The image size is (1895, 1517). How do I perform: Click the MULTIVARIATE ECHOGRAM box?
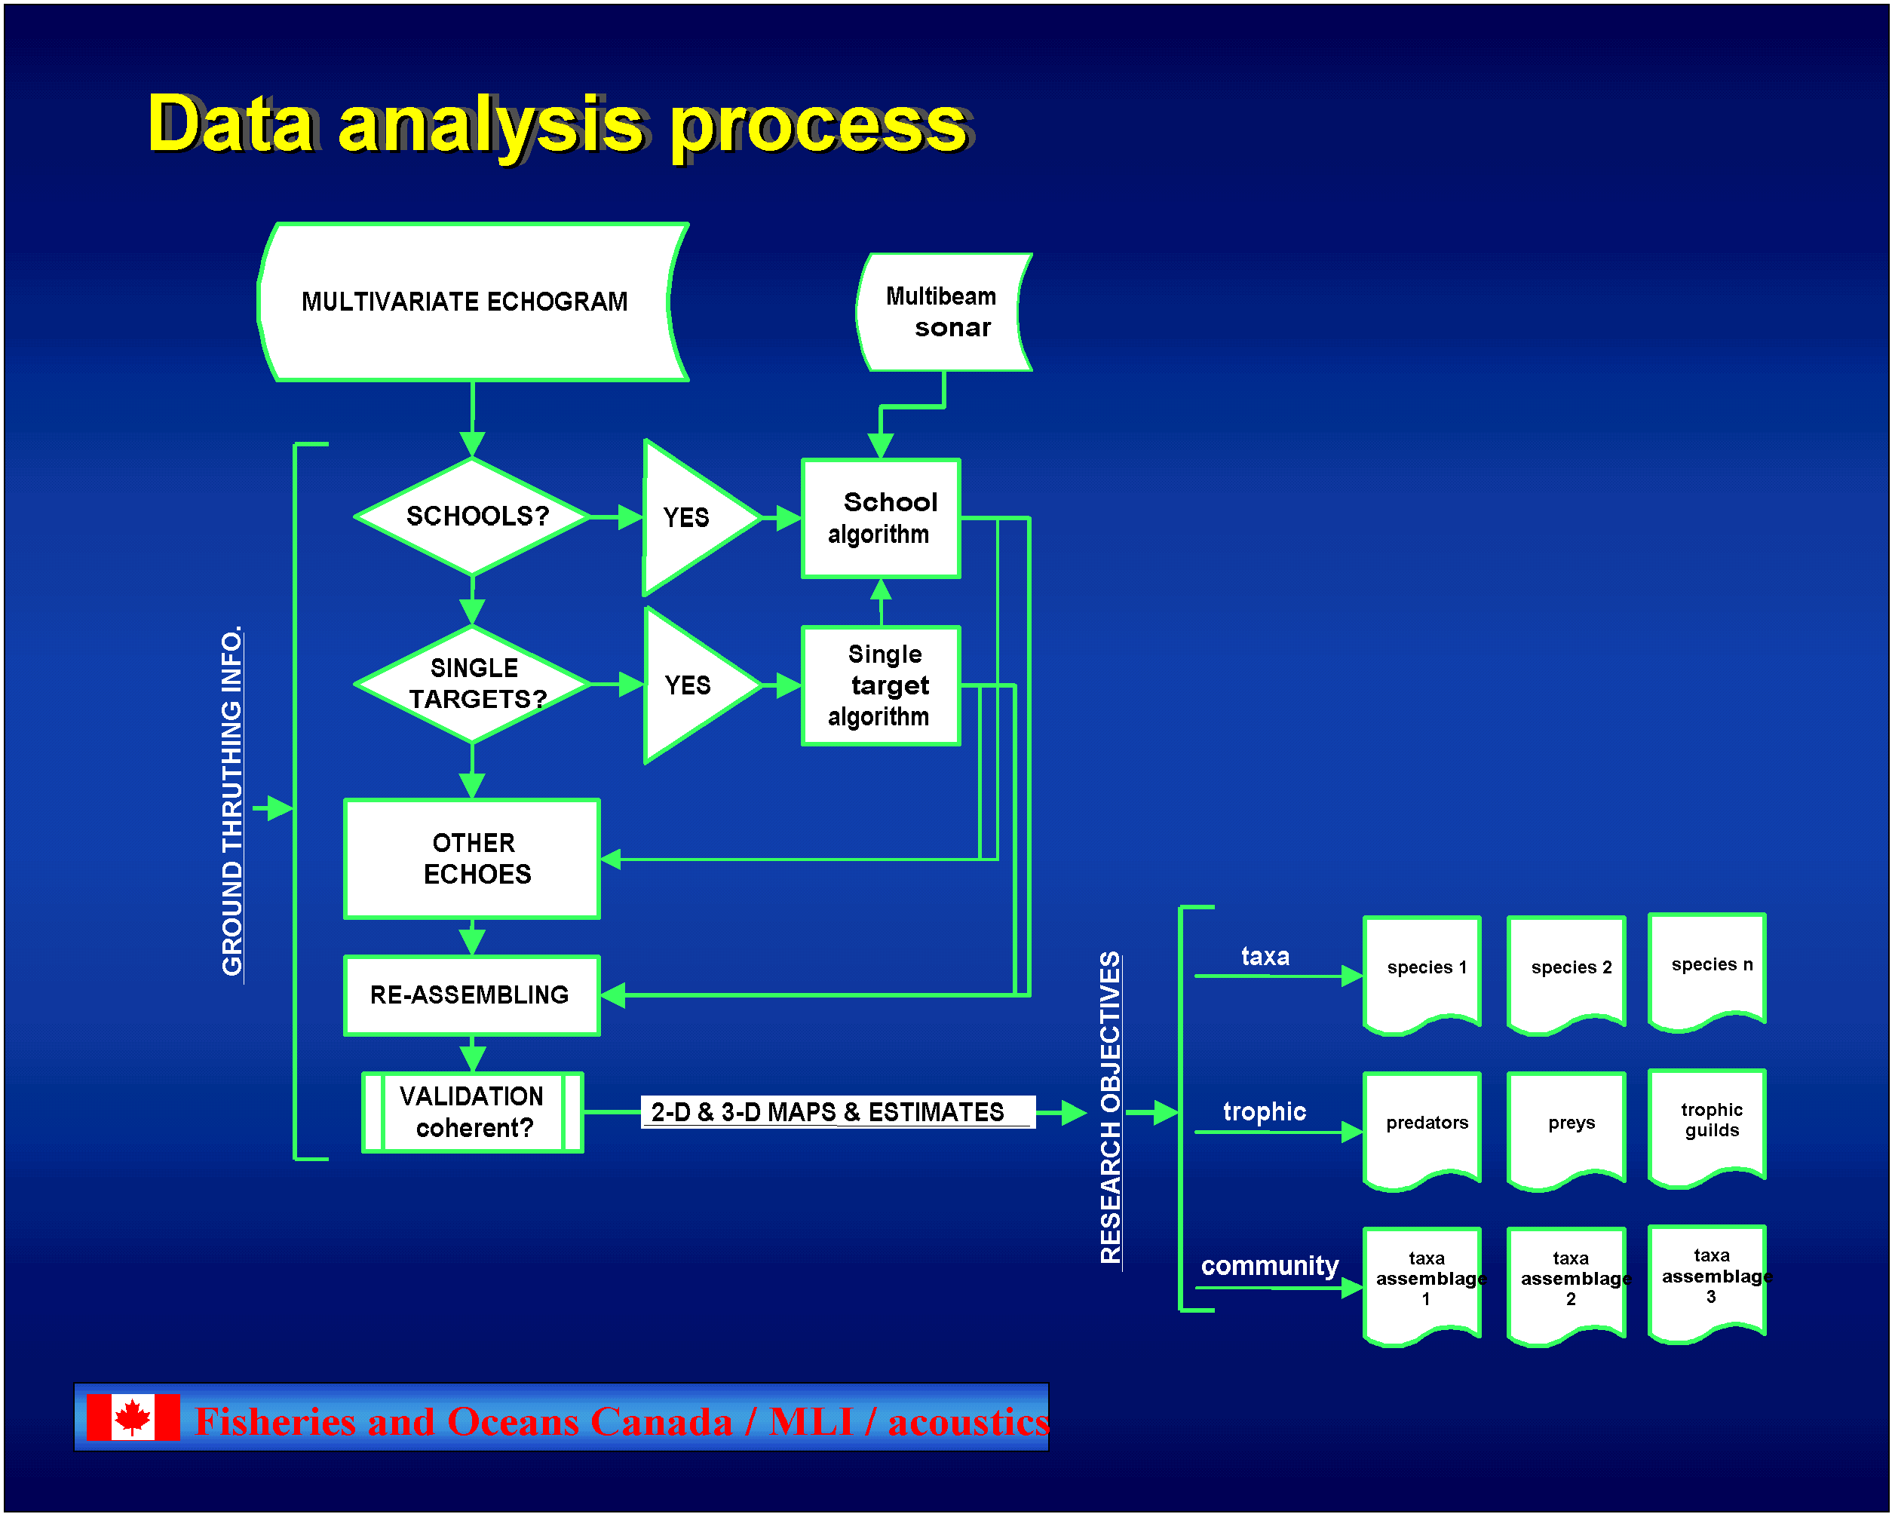click(x=473, y=302)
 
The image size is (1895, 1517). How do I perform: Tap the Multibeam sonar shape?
click(x=944, y=312)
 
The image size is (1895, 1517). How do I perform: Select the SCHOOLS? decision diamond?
click(x=473, y=516)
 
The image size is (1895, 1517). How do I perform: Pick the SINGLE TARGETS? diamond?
click(x=473, y=684)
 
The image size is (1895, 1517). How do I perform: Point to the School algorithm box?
click(x=881, y=519)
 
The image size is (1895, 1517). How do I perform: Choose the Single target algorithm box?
click(x=881, y=685)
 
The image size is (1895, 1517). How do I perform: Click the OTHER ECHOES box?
click(x=472, y=859)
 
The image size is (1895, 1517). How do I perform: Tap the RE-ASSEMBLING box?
click(x=472, y=996)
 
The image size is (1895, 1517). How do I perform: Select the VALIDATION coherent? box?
click(x=473, y=1112)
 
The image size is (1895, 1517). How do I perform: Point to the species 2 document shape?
click(x=1566, y=975)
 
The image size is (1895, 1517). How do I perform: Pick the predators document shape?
click(x=1422, y=1130)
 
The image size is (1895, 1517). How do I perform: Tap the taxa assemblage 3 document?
click(x=1707, y=1283)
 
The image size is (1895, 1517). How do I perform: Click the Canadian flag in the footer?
click(x=133, y=1417)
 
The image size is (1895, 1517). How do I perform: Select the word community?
click(x=1269, y=1266)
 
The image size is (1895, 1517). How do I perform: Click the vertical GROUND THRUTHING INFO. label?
click(x=232, y=801)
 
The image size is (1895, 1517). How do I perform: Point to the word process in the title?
click(x=819, y=127)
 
